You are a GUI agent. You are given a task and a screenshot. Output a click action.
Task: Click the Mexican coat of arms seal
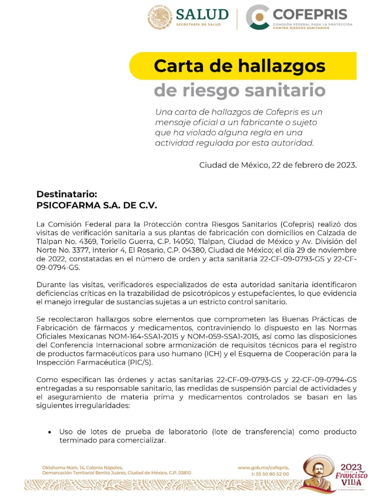(x=160, y=18)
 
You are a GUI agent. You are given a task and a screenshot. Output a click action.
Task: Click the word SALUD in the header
(x=202, y=14)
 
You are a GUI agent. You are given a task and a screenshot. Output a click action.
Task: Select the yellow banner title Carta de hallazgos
(x=240, y=66)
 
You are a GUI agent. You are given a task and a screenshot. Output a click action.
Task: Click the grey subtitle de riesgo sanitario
(x=240, y=90)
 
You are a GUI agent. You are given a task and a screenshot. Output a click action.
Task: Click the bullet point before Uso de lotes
(x=49, y=432)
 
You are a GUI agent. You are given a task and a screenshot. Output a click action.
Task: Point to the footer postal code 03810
(x=182, y=473)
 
